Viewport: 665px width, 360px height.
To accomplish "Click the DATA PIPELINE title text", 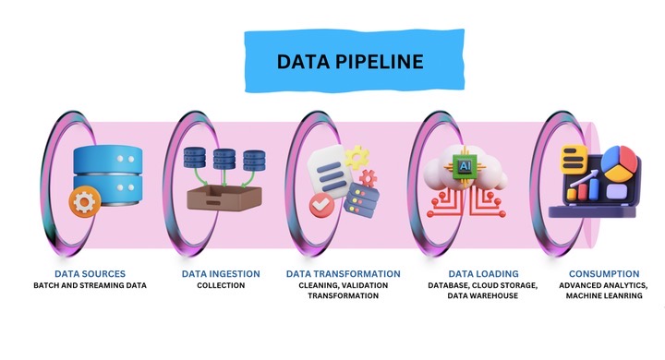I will click(350, 63).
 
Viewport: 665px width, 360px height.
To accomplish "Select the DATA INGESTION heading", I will click(221, 274).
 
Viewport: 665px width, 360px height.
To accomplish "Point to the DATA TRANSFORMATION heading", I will click(344, 274).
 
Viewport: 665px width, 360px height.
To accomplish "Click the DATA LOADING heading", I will click(483, 274).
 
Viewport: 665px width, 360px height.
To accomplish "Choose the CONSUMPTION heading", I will click(604, 274).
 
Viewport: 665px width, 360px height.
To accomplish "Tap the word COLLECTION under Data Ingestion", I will click(221, 286).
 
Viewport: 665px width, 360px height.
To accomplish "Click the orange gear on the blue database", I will click(87, 201).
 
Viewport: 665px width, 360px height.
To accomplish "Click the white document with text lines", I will click(329, 172).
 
